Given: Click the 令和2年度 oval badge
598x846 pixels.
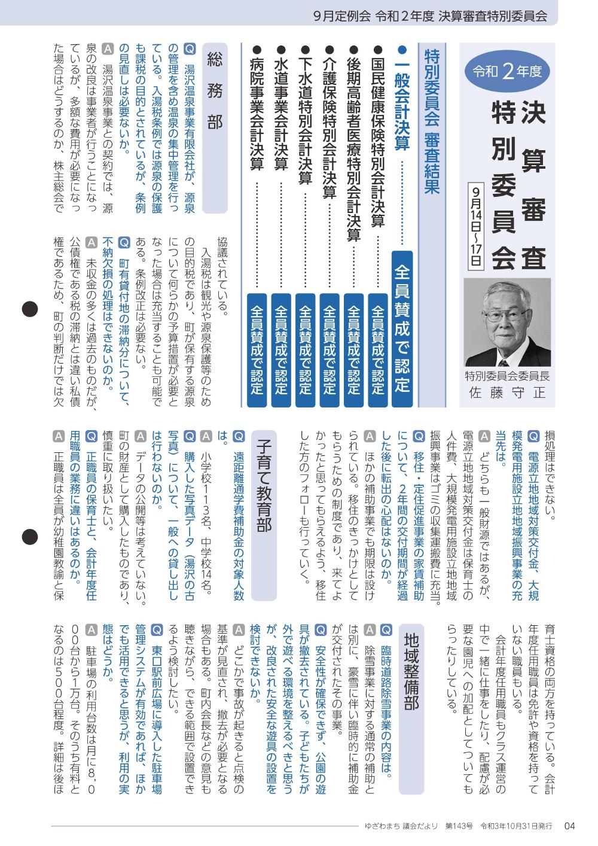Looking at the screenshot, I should pos(508,72).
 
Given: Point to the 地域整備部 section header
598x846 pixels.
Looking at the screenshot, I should pos(411,670).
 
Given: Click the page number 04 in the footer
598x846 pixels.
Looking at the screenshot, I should pos(569,826).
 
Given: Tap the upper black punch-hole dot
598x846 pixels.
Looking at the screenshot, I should pos(30,309).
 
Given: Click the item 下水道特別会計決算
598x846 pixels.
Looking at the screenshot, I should pos(305,114).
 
